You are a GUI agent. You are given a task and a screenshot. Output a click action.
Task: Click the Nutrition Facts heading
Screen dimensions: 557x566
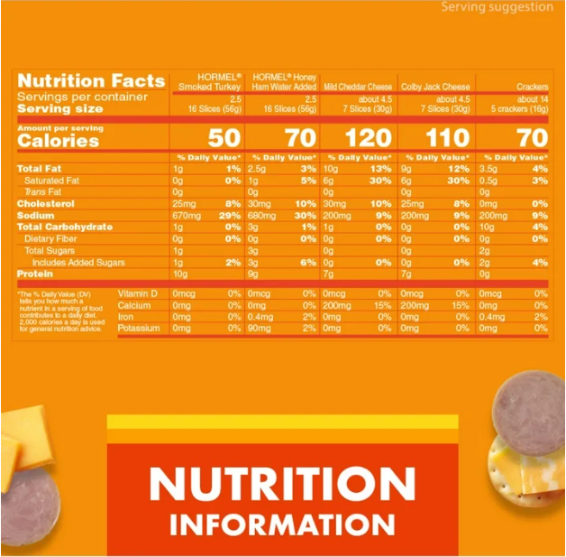[91, 80]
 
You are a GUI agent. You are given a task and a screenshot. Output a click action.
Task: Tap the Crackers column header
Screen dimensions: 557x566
[532, 88]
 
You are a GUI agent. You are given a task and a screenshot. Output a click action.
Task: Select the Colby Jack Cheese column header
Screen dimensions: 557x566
[436, 88]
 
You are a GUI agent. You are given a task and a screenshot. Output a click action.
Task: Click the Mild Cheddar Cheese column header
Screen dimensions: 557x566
[358, 88]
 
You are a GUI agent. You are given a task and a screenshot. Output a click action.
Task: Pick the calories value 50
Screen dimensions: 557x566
[224, 138]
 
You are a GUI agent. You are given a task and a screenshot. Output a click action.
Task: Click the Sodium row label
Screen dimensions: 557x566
[37, 216]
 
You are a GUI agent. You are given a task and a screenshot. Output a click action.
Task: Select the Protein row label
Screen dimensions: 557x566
[37, 274]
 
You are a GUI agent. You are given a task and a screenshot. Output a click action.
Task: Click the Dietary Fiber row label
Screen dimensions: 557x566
[55, 238]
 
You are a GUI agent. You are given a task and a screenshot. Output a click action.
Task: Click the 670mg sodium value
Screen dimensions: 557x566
[186, 216]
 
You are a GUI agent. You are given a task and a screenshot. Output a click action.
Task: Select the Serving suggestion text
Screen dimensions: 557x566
[497, 7]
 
